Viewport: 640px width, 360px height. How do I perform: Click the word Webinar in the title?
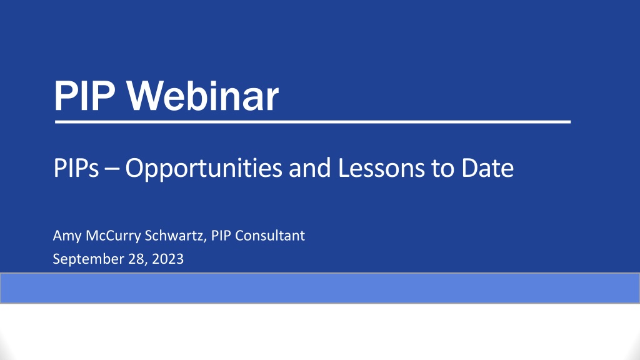[x=202, y=96]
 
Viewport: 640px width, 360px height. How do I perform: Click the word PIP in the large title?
[x=84, y=96]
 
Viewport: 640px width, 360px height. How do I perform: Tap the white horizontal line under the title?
[x=312, y=122]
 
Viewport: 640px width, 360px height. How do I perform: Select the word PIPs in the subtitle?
[x=76, y=167]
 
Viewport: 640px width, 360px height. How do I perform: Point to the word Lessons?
[x=381, y=167]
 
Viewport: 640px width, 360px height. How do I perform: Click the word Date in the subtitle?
[x=487, y=167]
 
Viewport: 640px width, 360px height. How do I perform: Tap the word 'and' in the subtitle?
[x=310, y=167]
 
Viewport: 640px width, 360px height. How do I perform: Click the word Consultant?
[x=270, y=236]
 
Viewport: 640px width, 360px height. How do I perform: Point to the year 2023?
[x=167, y=259]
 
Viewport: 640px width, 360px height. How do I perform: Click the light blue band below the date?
[x=320, y=288]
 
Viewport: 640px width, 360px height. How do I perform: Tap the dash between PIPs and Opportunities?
[x=112, y=169]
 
